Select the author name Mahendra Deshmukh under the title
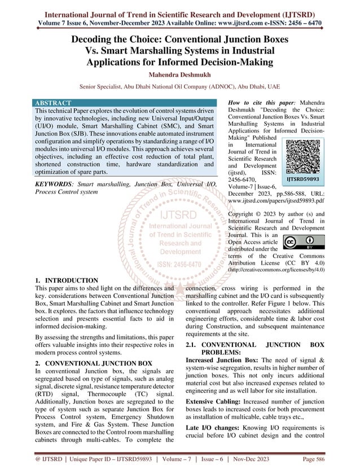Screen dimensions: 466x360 [179, 74]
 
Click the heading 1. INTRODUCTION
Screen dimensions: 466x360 [66, 280]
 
